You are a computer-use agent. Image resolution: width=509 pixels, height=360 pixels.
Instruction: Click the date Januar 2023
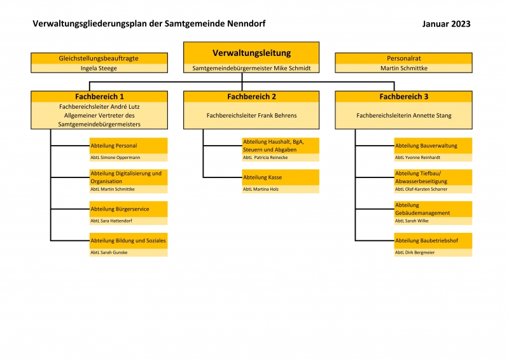[x=446, y=24]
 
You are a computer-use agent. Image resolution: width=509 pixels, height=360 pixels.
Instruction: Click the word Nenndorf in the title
[x=246, y=24]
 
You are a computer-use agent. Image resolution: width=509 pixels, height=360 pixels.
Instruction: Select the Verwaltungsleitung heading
[x=251, y=53]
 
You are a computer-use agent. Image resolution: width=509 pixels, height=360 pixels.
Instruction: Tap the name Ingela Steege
[x=99, y=68]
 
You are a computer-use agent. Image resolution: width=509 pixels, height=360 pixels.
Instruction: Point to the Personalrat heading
[x=404, y=59]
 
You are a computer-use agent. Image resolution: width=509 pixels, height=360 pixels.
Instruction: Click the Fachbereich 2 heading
[x=251, y=97]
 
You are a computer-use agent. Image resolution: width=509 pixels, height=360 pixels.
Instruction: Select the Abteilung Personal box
[x=129, y=149]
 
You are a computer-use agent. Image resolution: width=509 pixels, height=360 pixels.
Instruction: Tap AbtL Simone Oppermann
[x=115, y=158]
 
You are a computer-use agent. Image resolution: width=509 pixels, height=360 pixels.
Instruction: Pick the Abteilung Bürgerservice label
[x=120, y=209]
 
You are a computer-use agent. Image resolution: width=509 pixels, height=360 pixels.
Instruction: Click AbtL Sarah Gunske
[x=109, y=253]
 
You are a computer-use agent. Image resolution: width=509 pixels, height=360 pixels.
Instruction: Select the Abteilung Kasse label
[x=262, y=177]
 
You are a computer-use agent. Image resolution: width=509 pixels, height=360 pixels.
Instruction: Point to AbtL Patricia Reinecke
[x=265, y=158]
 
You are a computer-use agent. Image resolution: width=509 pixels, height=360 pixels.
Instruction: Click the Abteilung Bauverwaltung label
[x=426, y=146]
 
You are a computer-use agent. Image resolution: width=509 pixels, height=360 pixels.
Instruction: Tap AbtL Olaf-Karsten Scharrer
[x=421, y=189]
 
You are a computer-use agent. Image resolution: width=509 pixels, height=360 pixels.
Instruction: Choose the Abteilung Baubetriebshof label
[x=426, y=240]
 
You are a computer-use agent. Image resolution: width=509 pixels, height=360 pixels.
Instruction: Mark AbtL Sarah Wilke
[x=412, y=221]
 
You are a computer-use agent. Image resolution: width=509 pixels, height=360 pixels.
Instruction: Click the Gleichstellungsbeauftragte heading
[x=99, y=59]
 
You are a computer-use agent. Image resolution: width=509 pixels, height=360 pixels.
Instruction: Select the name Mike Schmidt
[x=292, y=68]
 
